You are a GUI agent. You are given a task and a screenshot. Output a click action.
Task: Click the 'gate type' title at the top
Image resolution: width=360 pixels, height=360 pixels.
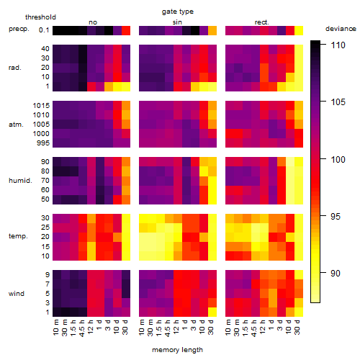178,12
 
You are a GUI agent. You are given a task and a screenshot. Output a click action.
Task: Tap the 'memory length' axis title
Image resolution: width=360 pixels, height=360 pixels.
177,350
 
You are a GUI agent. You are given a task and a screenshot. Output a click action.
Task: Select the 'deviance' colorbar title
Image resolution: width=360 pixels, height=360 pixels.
341,29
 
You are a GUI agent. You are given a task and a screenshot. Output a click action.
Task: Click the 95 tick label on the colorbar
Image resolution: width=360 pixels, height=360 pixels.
336,216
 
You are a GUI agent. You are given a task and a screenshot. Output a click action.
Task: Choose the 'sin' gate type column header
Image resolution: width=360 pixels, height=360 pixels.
177,22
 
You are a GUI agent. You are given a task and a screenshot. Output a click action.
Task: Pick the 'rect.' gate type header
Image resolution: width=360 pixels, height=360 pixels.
262,22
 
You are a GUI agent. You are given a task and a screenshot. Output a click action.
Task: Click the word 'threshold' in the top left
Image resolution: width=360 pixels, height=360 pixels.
40,17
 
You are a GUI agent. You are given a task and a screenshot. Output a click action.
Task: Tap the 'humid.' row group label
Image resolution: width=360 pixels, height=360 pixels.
20,181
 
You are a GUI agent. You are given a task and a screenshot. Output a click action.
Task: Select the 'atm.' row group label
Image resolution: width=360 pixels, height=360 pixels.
16,125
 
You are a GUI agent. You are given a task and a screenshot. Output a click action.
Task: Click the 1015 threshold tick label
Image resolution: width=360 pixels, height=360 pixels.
41,106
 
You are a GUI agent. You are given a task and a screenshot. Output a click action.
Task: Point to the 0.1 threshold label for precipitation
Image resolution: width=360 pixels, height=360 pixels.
44,30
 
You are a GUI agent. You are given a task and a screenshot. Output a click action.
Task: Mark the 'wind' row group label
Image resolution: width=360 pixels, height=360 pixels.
17,294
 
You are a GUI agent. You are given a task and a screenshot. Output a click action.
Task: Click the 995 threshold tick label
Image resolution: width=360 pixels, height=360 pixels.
43,143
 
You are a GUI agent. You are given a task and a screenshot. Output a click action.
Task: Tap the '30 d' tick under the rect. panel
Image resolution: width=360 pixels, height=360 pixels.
297,327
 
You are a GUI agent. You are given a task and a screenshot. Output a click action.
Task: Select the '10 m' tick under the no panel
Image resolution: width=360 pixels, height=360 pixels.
55,328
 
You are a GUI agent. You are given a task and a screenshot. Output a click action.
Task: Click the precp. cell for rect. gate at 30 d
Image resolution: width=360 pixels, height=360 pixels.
299,30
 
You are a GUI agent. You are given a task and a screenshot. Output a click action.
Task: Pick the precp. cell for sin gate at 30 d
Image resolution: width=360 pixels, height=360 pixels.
212,30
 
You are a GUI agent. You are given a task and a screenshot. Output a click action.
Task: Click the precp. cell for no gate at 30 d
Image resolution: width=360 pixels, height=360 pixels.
126,30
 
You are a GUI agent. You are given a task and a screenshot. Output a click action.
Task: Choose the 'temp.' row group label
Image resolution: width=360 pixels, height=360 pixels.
18,236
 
